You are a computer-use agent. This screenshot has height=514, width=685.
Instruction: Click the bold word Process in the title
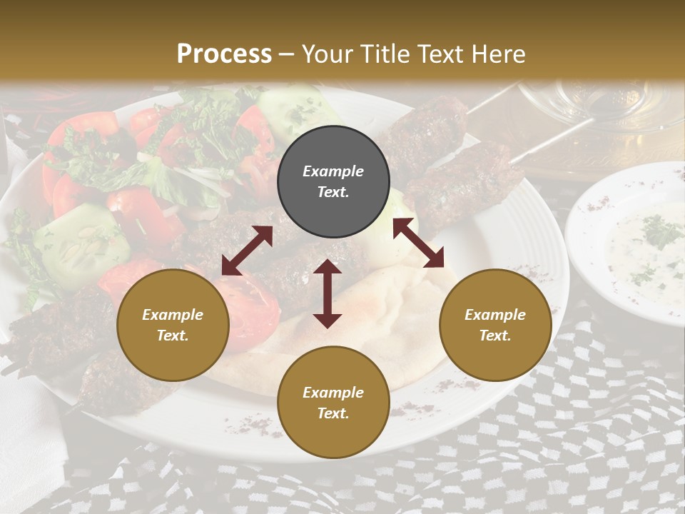(224, 54)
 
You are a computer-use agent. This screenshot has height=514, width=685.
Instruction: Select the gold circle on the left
(173, 325)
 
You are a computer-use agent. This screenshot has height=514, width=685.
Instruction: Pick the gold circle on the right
(495, 325)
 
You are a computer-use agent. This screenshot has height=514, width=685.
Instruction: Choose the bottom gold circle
(333, 403)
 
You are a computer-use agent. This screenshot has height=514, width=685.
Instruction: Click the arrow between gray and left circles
(247, 251)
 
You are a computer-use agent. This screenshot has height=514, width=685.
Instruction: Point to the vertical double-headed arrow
(328, 293)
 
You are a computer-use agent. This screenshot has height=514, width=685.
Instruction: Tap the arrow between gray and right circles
(418, 243)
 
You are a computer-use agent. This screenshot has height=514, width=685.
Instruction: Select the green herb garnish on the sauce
(660, 232)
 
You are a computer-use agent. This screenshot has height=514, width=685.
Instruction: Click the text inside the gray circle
(333, 181)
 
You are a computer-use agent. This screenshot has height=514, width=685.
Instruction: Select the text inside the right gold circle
(495, 325)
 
